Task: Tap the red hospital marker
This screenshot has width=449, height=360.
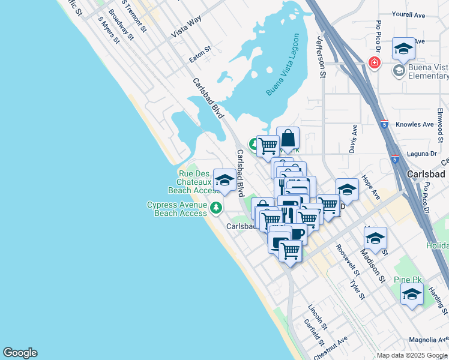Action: tap(375, 63)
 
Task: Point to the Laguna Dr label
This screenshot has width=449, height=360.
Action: tap(420, 153)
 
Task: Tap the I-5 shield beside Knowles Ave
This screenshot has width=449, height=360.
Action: tap(384, 124)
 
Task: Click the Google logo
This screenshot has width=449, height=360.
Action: tap(20, 353)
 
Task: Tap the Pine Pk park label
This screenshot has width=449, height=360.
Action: tap(406, 280)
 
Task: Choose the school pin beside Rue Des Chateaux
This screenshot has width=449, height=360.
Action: tap(225, 181)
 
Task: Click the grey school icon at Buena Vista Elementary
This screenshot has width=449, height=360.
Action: tap(399, 71)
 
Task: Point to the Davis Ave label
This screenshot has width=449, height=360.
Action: tap(354, 138)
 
